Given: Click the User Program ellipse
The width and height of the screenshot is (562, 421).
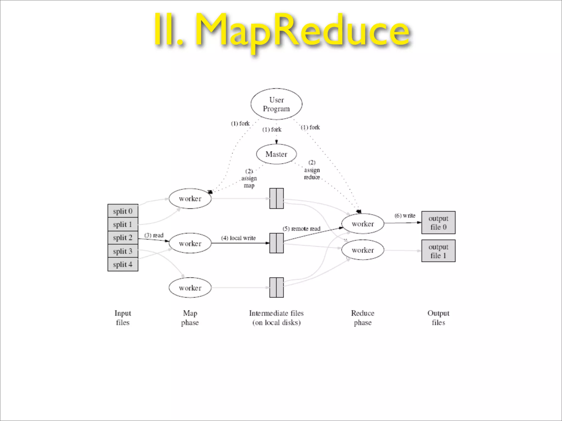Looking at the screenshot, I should point(276,104).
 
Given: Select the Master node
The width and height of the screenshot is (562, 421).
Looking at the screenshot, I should point(276,154).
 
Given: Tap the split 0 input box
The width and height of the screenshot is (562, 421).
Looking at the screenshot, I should point(123,211).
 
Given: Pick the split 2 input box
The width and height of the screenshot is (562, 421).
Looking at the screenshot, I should point(123,238).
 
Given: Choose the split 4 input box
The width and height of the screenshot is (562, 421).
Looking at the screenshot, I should point(123,264).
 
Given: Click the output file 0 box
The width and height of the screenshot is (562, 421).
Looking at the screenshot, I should point(438,223).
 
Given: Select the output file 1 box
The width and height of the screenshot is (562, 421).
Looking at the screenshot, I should point(438,251).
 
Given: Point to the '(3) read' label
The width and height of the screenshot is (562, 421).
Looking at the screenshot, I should point(154,235).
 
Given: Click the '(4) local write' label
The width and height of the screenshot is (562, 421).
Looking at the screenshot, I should point(238,238).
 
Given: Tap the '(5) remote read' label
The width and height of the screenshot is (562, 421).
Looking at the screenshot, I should point(301,229).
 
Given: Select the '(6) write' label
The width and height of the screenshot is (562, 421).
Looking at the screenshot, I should point(405,215).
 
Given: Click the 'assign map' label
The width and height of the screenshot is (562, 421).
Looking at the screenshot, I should point(249,178).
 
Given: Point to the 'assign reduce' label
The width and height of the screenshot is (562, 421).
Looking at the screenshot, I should point(312,170).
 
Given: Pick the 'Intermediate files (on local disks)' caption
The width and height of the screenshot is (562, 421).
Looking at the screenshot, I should point(276,318).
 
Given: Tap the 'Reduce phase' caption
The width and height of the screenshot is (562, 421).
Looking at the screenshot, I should point(363,318).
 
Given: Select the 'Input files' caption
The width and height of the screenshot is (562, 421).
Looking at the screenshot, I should point(123,318).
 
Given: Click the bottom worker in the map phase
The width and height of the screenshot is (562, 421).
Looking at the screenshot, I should point(190,288).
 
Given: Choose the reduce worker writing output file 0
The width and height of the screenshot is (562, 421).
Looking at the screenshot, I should point(363,224).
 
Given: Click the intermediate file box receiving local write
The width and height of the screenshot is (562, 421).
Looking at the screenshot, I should point(276,243).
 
